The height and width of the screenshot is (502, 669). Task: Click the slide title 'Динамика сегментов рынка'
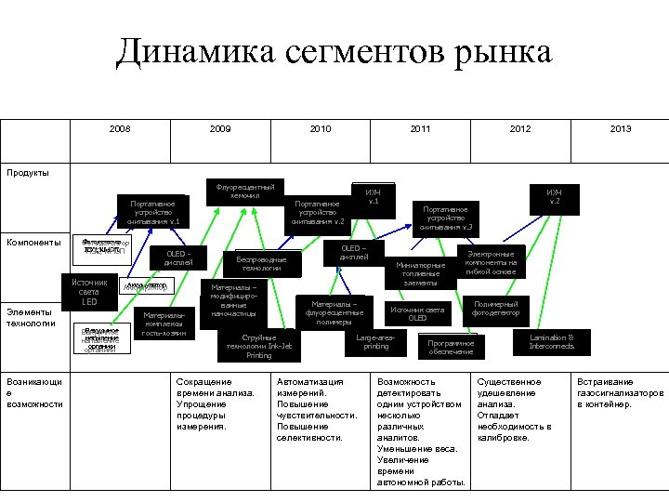334,52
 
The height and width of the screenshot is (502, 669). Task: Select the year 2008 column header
119,129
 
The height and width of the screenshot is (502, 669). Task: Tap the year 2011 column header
420,129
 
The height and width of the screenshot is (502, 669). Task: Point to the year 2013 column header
621,129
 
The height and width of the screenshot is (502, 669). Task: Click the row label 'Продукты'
28,172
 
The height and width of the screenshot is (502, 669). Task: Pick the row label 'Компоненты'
33,243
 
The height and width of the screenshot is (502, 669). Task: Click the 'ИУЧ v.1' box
373,196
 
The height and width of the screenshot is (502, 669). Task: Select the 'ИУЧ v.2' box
554,196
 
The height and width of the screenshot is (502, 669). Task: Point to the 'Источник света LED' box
89,291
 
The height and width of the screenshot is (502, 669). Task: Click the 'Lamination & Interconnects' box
551,341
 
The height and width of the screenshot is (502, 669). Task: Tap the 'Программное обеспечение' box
452,347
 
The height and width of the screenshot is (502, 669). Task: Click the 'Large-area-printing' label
375,341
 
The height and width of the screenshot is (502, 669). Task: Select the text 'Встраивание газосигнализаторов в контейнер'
620,392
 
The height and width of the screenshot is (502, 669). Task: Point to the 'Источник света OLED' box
417,313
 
